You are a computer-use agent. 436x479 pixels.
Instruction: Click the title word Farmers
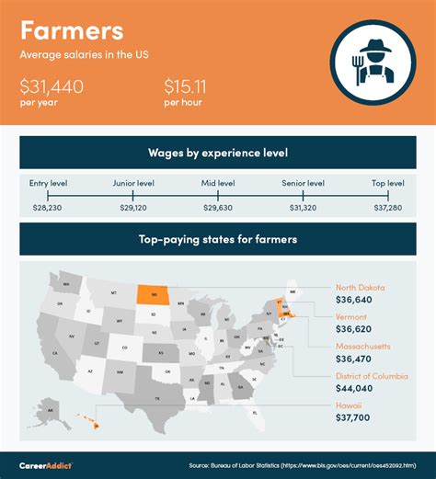tap(72, 30)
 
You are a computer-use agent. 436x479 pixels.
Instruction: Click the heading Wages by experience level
tap(217, 152)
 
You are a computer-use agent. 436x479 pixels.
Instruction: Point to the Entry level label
tap(48, 184)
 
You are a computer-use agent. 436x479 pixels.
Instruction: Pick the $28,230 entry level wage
tap(48, 211)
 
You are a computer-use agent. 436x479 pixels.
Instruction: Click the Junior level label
tap(132, 184)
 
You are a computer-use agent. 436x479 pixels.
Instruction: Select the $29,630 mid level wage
tap(217, 211)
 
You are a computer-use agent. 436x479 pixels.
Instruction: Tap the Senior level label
tap(303, 184)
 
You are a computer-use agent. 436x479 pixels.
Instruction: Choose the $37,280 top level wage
tap(387, 211)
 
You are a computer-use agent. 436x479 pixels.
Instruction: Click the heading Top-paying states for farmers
tap(217, 239)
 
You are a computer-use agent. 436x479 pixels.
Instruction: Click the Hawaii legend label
tap(350, 405)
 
